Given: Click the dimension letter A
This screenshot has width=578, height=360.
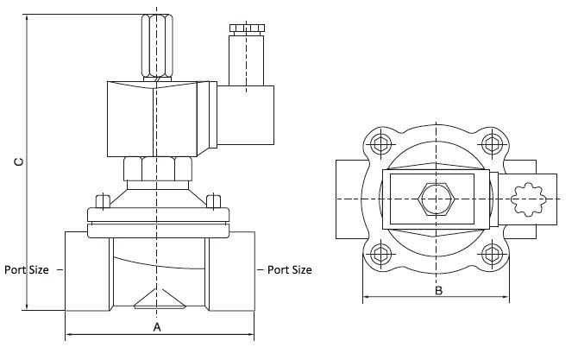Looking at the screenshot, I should point(157,326).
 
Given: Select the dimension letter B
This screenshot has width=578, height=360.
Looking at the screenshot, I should point(437,291).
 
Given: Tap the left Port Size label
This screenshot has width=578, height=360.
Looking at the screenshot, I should point(27,269).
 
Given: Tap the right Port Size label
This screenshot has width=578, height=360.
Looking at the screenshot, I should point(289,269).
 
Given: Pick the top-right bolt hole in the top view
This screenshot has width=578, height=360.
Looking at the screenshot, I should point(493,142).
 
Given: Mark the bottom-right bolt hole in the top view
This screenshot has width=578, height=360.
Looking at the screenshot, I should point(493,254).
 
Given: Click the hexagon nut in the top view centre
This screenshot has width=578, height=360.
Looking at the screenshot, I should point(437,199).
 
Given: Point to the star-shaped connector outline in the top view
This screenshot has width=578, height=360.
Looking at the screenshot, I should point(525,199).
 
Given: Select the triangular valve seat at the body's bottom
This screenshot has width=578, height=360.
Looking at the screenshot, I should point(157,299).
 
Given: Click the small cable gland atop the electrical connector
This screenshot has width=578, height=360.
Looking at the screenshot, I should point(246,29).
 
